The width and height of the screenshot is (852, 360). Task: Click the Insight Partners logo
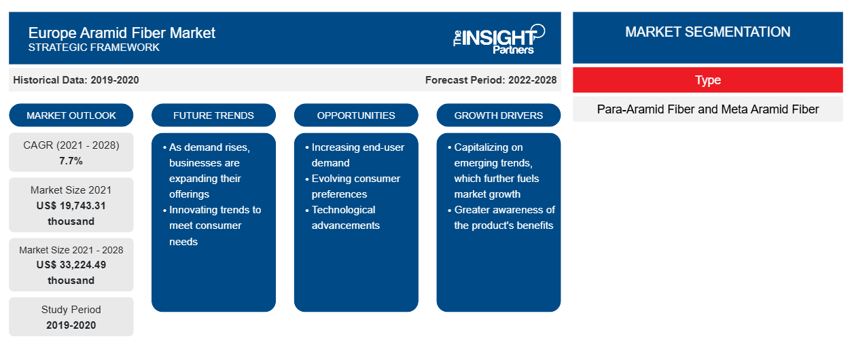(x=499, y=39)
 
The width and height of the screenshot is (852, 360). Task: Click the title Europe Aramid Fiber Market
(x=122, y=33)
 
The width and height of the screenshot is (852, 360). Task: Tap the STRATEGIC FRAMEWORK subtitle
(x=94, y=48)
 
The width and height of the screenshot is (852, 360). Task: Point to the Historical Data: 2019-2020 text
(x=76, y=80)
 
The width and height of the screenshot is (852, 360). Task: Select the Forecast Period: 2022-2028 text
(x=491, y=80)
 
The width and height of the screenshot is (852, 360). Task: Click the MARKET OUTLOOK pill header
(x=71, y=115)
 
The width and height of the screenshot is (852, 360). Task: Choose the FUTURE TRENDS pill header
(x=213, y=115)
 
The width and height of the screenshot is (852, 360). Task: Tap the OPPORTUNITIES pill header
(x=356, y=115)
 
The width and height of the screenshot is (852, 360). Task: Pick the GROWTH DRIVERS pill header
(x=498, y=115)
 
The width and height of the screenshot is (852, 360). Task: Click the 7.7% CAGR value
(x=71, y=161)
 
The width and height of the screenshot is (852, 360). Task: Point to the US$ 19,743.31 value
(x=71, y=206)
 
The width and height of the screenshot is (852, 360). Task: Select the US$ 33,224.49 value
(x=71, y=265)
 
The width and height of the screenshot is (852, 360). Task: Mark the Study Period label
(x=71, y=310)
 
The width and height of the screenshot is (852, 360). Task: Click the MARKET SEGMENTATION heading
(x=707, y=32)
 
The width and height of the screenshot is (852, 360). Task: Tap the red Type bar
(x=708, y=80)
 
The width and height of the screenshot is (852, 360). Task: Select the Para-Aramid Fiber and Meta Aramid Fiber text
(x=708, y=109)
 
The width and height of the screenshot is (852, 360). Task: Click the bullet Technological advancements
(x=342, y=217)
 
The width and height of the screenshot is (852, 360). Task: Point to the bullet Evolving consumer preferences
(x=353, y=186)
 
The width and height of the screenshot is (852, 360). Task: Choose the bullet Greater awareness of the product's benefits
(x=501, y=217)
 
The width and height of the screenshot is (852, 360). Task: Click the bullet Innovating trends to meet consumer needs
(x=212, y=226)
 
